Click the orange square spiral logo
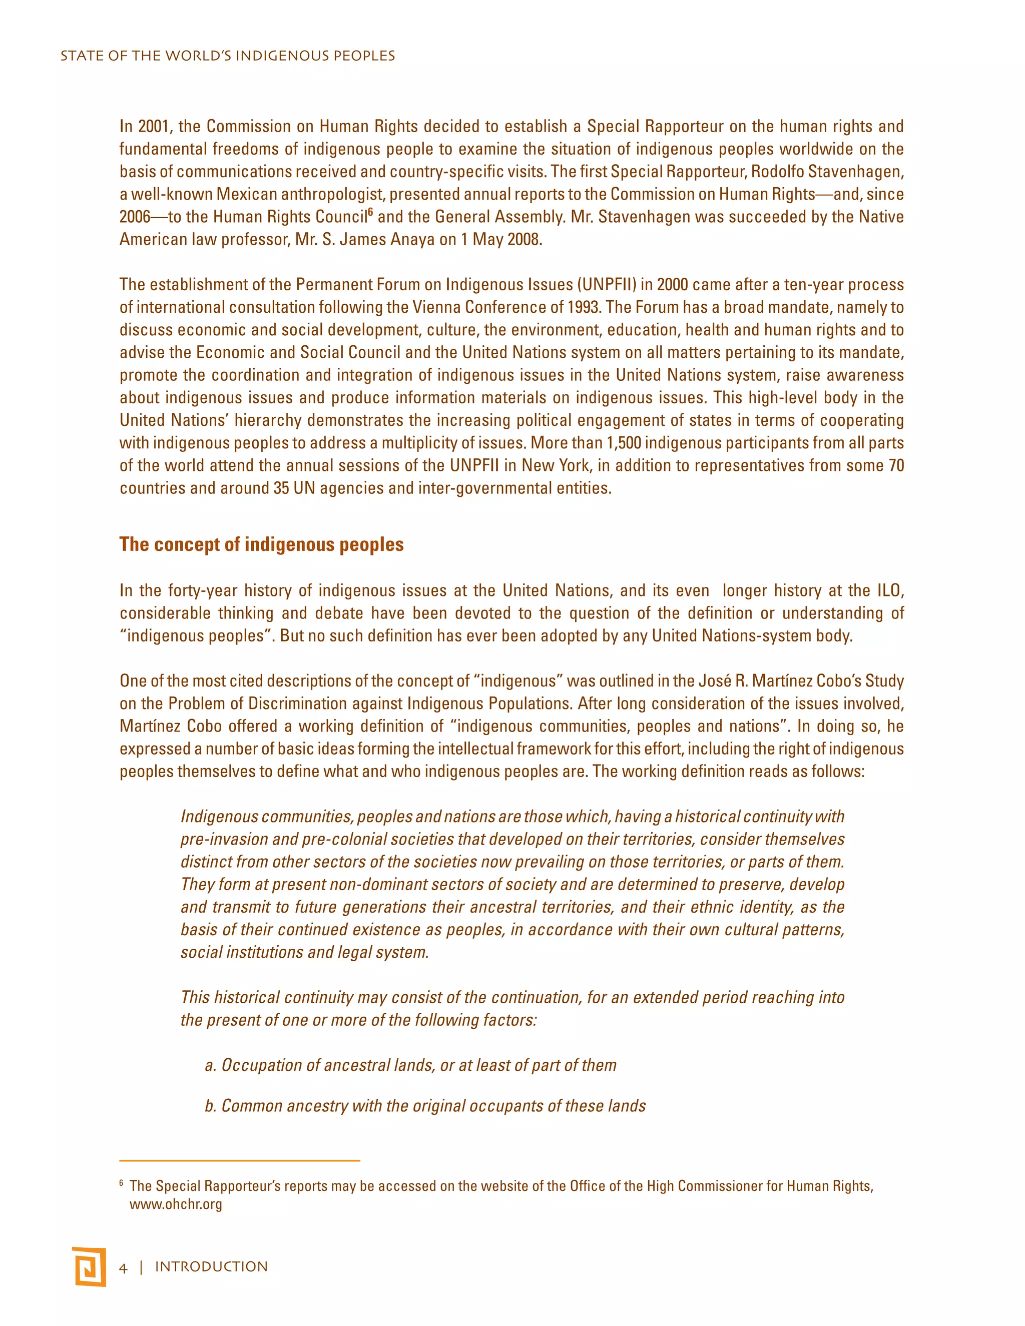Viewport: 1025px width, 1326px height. (x=89, y=1266)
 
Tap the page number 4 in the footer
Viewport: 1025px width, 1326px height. (x=123, y=1268)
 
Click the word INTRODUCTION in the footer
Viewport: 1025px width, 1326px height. (x=211, y=1267)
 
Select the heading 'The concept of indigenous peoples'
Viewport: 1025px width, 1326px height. (x=261, y=544)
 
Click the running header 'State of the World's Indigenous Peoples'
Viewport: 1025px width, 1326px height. (x=228, y=56)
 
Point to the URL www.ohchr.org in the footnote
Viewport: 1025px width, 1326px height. (x=176, y=1204)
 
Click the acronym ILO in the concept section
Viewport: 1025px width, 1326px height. (x=889, y=591)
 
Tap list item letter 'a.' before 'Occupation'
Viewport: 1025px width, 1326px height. (x=210, y=1065)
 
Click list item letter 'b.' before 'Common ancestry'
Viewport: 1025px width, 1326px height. (x=210, y=1106)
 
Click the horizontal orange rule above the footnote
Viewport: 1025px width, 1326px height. (x=239, y=1160)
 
